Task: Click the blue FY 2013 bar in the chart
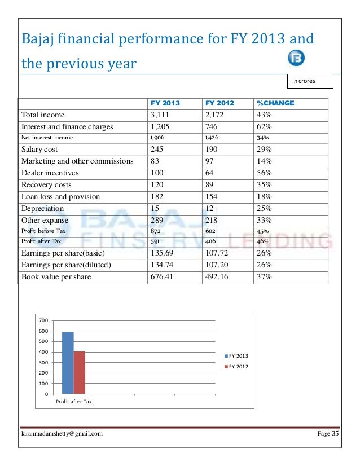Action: point(68,362)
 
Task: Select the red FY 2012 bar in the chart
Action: point(80,372)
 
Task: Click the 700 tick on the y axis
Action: point(43,320)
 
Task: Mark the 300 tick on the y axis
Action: point(43,363)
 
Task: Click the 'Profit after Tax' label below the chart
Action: point(73,402)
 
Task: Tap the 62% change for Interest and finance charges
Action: point(264,126)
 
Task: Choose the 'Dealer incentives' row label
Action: point(50,173)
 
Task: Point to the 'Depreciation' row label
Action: point(43,209)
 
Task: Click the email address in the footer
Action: point(62,433)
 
